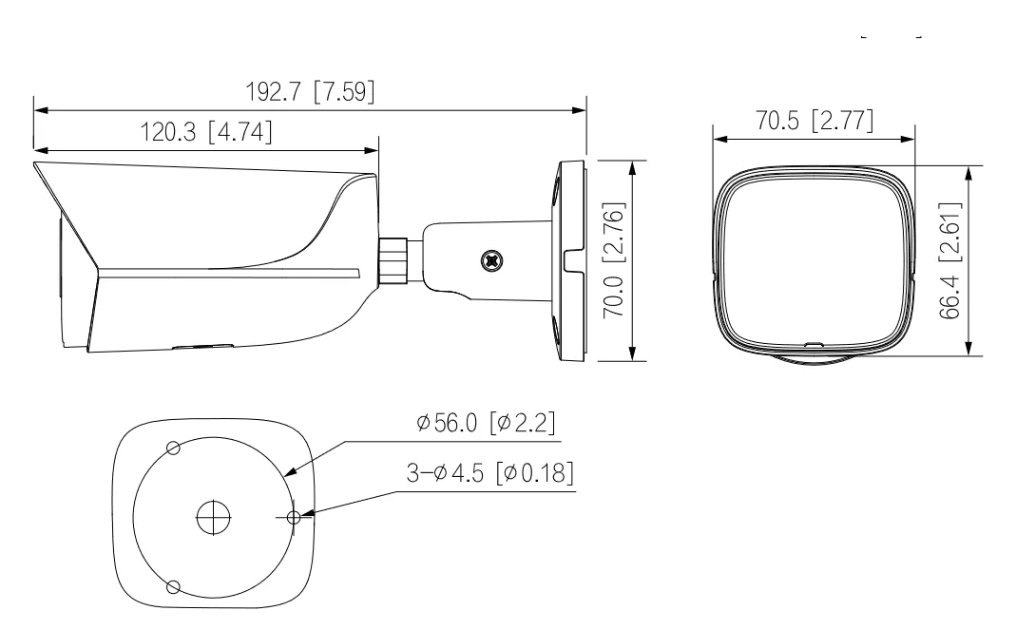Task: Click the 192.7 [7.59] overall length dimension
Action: point(310,91)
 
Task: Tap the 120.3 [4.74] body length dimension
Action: point(206,131)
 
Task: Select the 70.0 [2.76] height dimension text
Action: point(614,259)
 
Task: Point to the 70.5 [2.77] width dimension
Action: point(815,121)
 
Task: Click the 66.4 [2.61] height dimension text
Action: point(949,260)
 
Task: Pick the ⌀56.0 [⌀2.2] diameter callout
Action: point(486,423)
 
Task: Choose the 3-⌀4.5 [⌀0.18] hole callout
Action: point(489,472)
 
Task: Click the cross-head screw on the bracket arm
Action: point(492,260)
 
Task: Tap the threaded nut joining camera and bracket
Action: point(393,260)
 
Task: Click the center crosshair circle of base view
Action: point(213,517)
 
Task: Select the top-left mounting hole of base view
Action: point(173,448)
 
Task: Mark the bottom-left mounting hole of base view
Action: point(173,586)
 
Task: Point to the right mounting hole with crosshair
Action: point(294,517)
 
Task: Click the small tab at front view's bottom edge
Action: point(813,344)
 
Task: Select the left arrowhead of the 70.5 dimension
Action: point(719,139)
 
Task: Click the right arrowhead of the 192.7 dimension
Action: point(579,111)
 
